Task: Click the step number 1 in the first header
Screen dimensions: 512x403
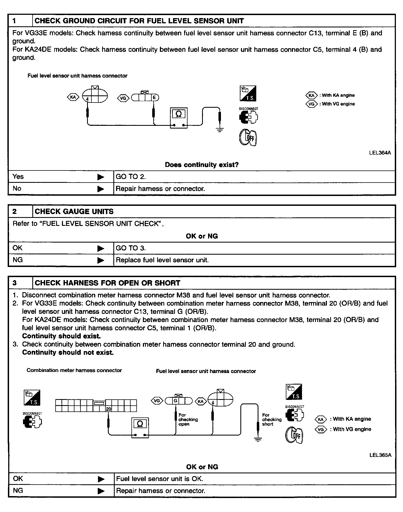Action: [15, 21]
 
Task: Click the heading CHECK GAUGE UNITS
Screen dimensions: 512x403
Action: [74, 211]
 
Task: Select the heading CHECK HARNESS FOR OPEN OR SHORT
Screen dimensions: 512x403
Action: [107, 283]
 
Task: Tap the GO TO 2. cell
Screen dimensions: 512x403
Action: [131, 177]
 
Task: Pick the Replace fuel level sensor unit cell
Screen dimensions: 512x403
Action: [162, 260]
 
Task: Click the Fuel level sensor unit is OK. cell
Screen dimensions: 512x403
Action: [160, 479]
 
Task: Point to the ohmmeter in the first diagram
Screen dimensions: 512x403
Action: [179, 118]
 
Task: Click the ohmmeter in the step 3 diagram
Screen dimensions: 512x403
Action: [140, 428]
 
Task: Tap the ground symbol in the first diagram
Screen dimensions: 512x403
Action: [220, 129]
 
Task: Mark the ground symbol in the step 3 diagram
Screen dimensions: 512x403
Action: [258, 439]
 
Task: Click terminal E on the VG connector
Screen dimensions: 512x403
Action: [154, 98]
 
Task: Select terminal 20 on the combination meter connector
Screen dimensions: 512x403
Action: [109, 409]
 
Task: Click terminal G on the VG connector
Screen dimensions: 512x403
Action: [175, 401]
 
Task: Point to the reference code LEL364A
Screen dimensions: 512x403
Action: [380, 153]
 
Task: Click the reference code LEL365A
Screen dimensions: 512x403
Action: [380, 455]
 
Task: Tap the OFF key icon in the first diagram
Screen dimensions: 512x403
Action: [248, 137]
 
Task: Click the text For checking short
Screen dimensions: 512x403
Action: [272, 419]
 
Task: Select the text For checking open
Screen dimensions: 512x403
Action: [188, 419]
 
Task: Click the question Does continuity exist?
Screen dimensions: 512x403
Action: [202, 165]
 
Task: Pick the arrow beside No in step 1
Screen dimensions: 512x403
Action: [101, 189]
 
